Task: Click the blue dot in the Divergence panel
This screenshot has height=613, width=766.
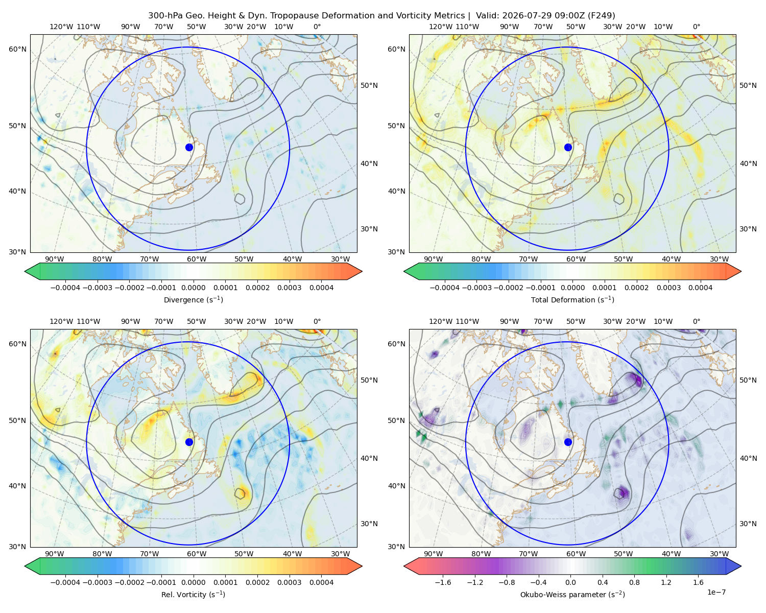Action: tap(189, 147)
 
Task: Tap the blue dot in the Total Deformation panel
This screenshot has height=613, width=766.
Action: tap(568, 147)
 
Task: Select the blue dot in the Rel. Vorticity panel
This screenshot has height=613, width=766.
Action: tap(189, 442)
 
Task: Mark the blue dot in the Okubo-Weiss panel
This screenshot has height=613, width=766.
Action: tap(568, 442)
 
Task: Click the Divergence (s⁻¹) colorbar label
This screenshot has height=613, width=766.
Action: tap(193, 299)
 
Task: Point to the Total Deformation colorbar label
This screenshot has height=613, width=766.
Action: tap(572, 299)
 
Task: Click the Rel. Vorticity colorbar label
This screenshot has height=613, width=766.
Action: tap(193, 594)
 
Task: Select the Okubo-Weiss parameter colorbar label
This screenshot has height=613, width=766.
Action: tap(572, 594)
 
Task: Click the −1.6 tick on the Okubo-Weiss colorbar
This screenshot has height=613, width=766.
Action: tap(443, 582)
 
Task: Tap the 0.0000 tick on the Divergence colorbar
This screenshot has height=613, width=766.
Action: tap(193, 288)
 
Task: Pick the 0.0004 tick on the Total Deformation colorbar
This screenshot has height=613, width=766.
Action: tap(700, 288)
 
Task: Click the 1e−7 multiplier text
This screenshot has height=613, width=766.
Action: tap(716, 592)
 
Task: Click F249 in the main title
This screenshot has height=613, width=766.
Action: tap(601, 16)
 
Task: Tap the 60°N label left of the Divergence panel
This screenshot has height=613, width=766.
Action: tap(17, 49)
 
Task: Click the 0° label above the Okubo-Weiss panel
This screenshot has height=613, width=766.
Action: tap(696, 321)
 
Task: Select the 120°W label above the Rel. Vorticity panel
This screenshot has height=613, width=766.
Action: tap(61, 321)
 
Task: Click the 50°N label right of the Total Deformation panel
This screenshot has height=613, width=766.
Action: tap(748, 85)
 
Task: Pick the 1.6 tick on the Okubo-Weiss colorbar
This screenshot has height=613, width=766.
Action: tap(698, 582)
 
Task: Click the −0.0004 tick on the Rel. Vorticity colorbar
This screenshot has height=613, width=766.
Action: tap(65, 582)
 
